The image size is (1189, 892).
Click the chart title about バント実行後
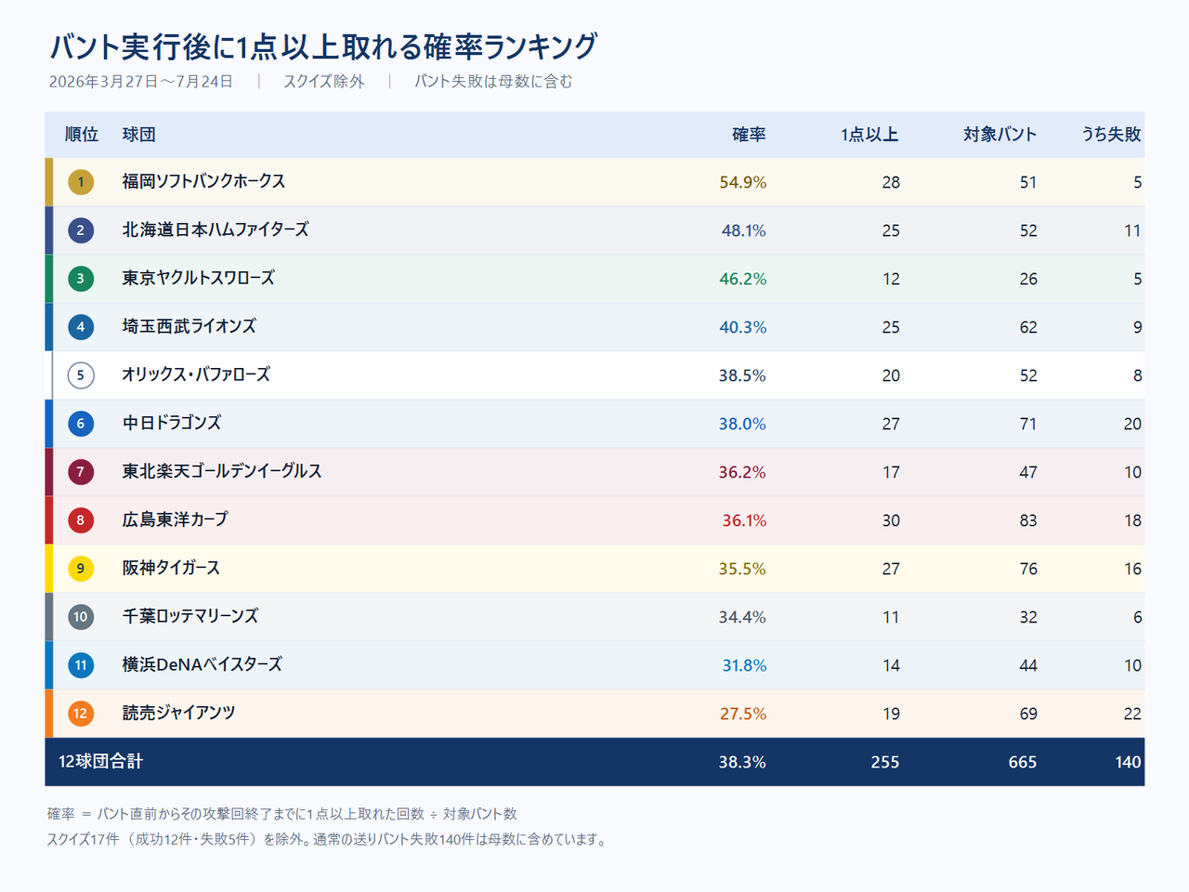[323, 46]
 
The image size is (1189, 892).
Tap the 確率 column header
[749, 135]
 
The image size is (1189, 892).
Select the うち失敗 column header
[1111, 135]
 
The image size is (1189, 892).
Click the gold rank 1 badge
[81, 182]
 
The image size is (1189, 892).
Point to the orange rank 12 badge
[81, 714]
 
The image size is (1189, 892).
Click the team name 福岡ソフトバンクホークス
[203, 181]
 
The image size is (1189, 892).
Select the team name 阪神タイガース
[171, 568]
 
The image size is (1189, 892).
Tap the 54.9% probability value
[742, 182]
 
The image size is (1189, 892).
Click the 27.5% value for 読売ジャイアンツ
[742, 714]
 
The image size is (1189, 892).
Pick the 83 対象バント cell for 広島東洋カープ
[1028, 520]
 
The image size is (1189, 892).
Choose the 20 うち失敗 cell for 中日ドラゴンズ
[1132, 424]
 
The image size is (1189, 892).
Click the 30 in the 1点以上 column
[891, 520]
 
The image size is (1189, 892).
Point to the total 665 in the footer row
[1022, 762]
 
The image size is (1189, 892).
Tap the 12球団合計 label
[100, 762]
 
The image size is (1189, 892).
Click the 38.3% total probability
[742, 762]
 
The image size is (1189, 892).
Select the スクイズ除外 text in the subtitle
[324, 81]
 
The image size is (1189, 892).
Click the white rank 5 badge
[81, 375]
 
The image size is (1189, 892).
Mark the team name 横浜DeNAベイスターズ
[203, 664]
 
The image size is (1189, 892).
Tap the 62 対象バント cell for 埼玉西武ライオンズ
[1028, 327]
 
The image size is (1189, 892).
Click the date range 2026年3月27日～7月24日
[141, 81]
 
